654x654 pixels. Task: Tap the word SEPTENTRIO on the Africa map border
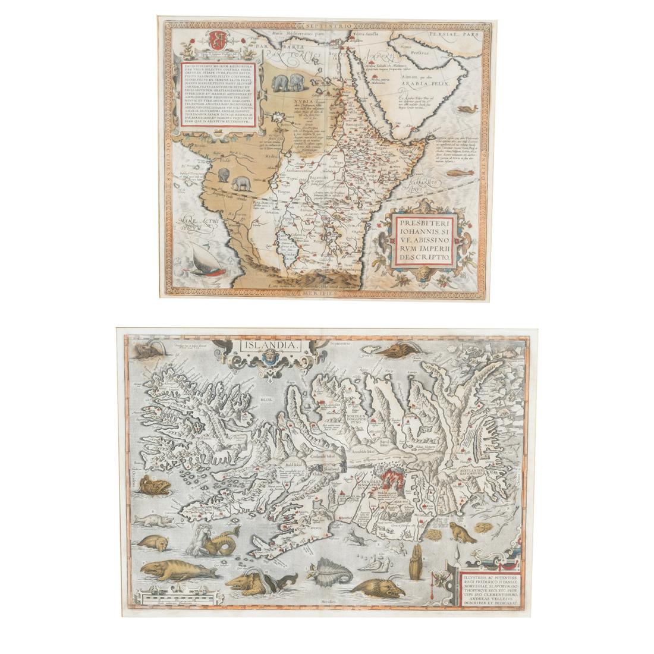pos(331,26)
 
